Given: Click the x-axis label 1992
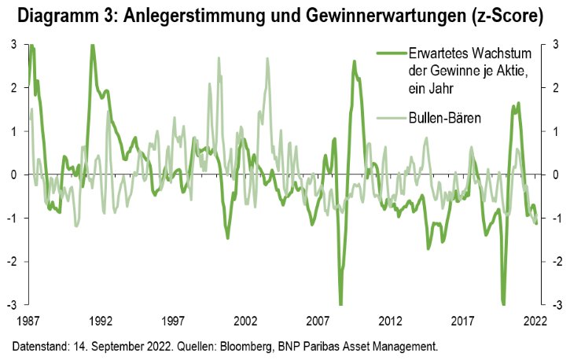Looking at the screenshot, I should (x=101, y=321).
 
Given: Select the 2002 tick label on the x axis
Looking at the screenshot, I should (x=245, y=321).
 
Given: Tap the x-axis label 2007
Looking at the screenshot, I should (x=318, y=321).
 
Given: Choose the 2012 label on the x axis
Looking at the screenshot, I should (x=391, y=321).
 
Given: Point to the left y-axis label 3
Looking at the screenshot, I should (x=14, y=45).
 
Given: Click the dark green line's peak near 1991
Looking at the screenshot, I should (x=92, y=46).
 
